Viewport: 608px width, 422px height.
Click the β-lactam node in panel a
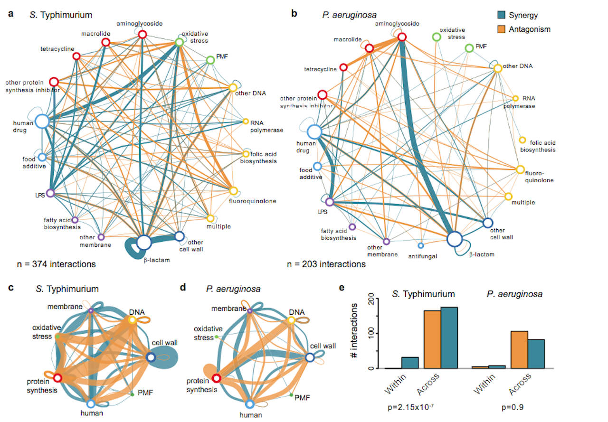click(144, 243)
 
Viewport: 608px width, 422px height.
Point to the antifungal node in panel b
click(420, 245)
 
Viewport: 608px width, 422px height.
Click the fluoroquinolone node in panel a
click(233, 191)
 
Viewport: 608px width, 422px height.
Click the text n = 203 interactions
click(326, 264)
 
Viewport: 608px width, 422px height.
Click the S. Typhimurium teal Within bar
click(410, 363)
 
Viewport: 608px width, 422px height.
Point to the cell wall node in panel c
click(151, 357)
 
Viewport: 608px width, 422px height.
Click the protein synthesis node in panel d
click(216, 378)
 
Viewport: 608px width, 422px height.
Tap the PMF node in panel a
click(210, 60)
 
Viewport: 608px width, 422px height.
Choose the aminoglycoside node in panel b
click(402, 37)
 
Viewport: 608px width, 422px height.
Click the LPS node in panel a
click(50, 193)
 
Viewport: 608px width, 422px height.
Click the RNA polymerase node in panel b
click(515, 98)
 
